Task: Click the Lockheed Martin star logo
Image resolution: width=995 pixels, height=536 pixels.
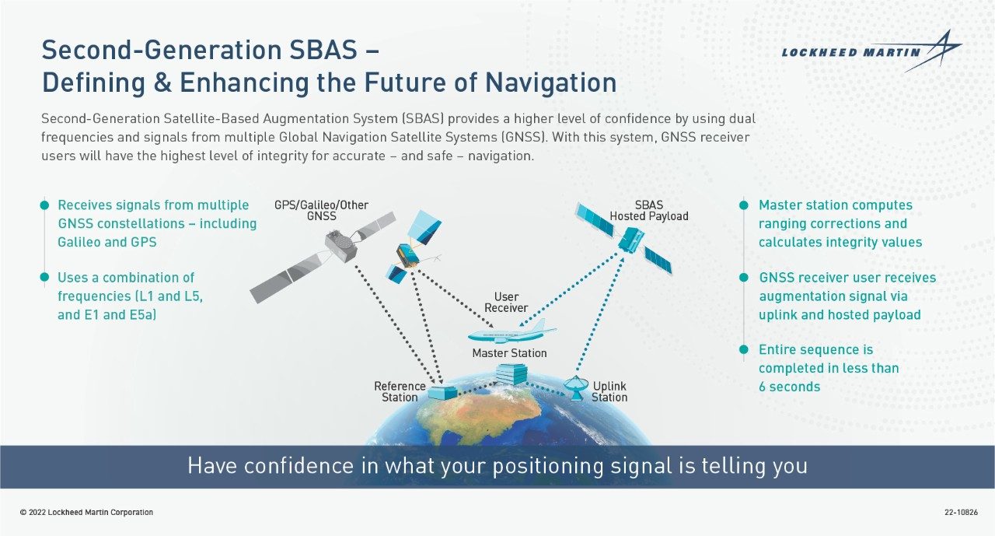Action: point(932,51)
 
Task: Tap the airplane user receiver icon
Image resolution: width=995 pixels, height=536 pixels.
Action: point(511,332)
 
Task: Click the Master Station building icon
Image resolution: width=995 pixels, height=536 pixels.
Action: point(511,373)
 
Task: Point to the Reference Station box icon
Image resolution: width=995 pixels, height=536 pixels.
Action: point(443,392)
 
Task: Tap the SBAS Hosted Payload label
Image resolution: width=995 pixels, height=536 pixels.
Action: point(648,211)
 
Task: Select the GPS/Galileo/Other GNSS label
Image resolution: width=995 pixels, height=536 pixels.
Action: point(321,211)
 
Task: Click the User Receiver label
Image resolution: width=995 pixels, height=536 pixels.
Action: point(506,302)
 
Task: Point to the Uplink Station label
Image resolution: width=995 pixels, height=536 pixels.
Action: point(609,391)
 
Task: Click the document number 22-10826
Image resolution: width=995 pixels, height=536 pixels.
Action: point(961,512)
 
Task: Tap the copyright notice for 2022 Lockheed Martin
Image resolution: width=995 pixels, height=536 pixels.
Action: point(86,512)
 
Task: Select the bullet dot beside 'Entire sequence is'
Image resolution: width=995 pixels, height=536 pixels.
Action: point(744,349)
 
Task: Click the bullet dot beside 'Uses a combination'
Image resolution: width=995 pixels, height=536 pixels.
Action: point(44,277)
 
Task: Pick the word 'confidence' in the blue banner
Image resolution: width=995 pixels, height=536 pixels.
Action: point(298,466)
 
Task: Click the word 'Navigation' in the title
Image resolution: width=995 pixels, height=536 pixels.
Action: point(550,82)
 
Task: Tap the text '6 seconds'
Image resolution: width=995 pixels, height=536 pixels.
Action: point(789,387)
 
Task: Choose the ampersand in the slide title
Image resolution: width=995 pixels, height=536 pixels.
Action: point(162,82)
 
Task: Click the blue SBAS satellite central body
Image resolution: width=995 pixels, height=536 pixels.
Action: point(630,240)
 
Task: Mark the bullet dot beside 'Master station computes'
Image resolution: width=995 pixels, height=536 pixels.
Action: point(744,205)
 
